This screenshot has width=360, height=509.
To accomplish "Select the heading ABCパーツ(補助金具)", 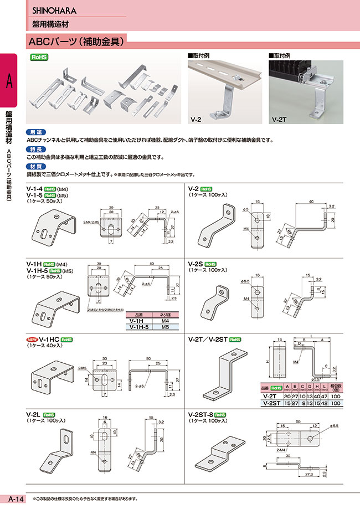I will point(77,40).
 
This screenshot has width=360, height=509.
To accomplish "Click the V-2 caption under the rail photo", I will point(196,119).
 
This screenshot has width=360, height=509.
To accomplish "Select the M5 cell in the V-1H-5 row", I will point(164,327).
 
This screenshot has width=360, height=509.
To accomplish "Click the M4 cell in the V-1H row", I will point(164,321).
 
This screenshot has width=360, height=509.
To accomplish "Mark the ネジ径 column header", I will point(164,313).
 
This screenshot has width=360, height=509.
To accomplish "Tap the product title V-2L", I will point(34,414).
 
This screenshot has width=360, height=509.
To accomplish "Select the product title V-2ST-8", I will point(202,414).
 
